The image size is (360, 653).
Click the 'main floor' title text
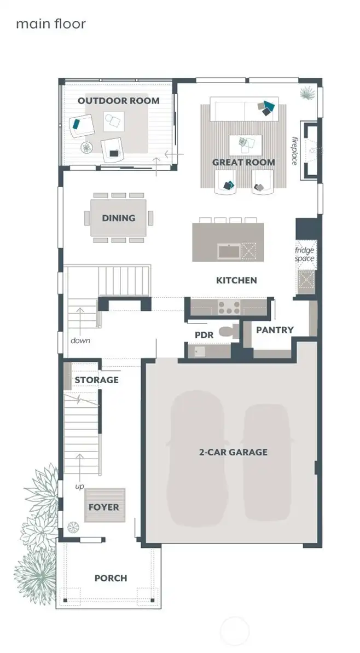point(51,24)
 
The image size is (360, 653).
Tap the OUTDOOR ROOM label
point(118,101)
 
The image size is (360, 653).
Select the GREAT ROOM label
point(243,162)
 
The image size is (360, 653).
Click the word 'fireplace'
point(294,151)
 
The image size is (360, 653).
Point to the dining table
point(119,218)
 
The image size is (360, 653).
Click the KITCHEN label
point(236,280)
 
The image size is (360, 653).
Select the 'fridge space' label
point(305,255)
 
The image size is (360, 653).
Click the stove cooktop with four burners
point(226,307)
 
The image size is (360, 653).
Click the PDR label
point(204,334)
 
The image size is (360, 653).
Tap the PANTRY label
point(275,330)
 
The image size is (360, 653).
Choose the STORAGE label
point(96,380)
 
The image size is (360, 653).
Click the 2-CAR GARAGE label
point(233,452)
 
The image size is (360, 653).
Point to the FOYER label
point(103,507)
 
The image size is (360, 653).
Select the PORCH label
point(111,578)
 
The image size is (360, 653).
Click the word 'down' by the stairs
point(80,340)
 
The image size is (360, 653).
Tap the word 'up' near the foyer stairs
point(80,486)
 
